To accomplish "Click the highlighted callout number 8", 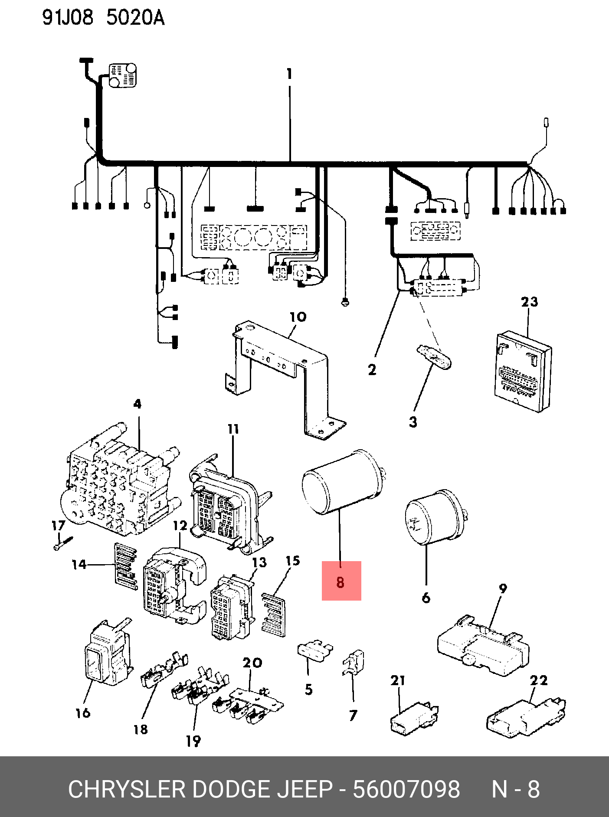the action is point(341,582).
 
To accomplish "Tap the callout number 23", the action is point(529,302).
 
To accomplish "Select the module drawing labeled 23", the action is point(523,372).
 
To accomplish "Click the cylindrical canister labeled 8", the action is point(343,483).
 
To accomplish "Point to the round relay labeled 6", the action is point(436,517).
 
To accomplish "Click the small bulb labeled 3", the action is point(434,356).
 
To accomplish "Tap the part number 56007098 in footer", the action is point(406,789).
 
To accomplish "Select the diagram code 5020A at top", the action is point(135,18).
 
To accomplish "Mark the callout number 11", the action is point(233,429).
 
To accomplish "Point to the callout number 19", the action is point(193,741).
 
